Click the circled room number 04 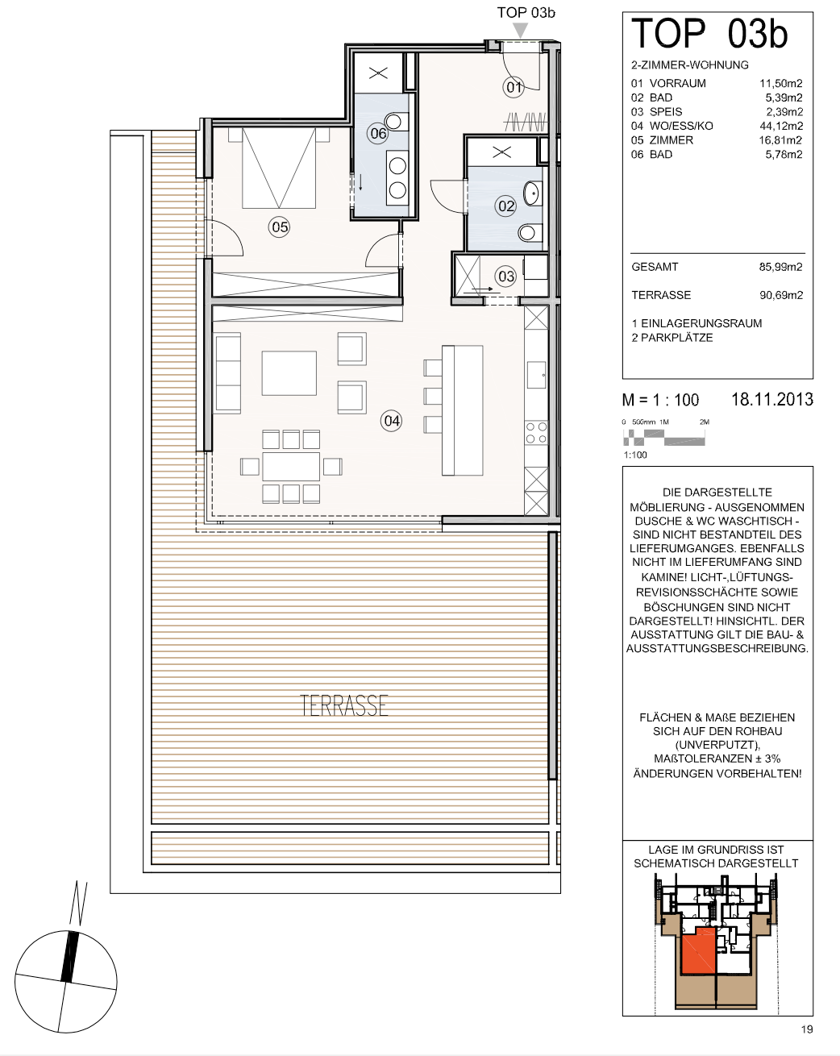[392, 421]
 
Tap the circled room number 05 [279, 227]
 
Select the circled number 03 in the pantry [506, 276]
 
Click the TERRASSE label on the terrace [343, 705]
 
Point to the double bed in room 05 [279, 168]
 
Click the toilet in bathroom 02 [528, 232]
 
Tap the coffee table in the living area [289, 373]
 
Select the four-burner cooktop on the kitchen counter [536, 433]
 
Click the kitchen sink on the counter [537, 375]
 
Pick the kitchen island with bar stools [453, 410]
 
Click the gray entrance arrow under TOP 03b [520, 31]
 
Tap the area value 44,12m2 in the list [781, 126]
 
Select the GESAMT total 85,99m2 [781, 267]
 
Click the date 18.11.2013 [772, 400]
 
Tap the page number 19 [807, 1029]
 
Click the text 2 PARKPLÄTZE [672, 338]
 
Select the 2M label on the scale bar [704, 422]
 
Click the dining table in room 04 [291, 467]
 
